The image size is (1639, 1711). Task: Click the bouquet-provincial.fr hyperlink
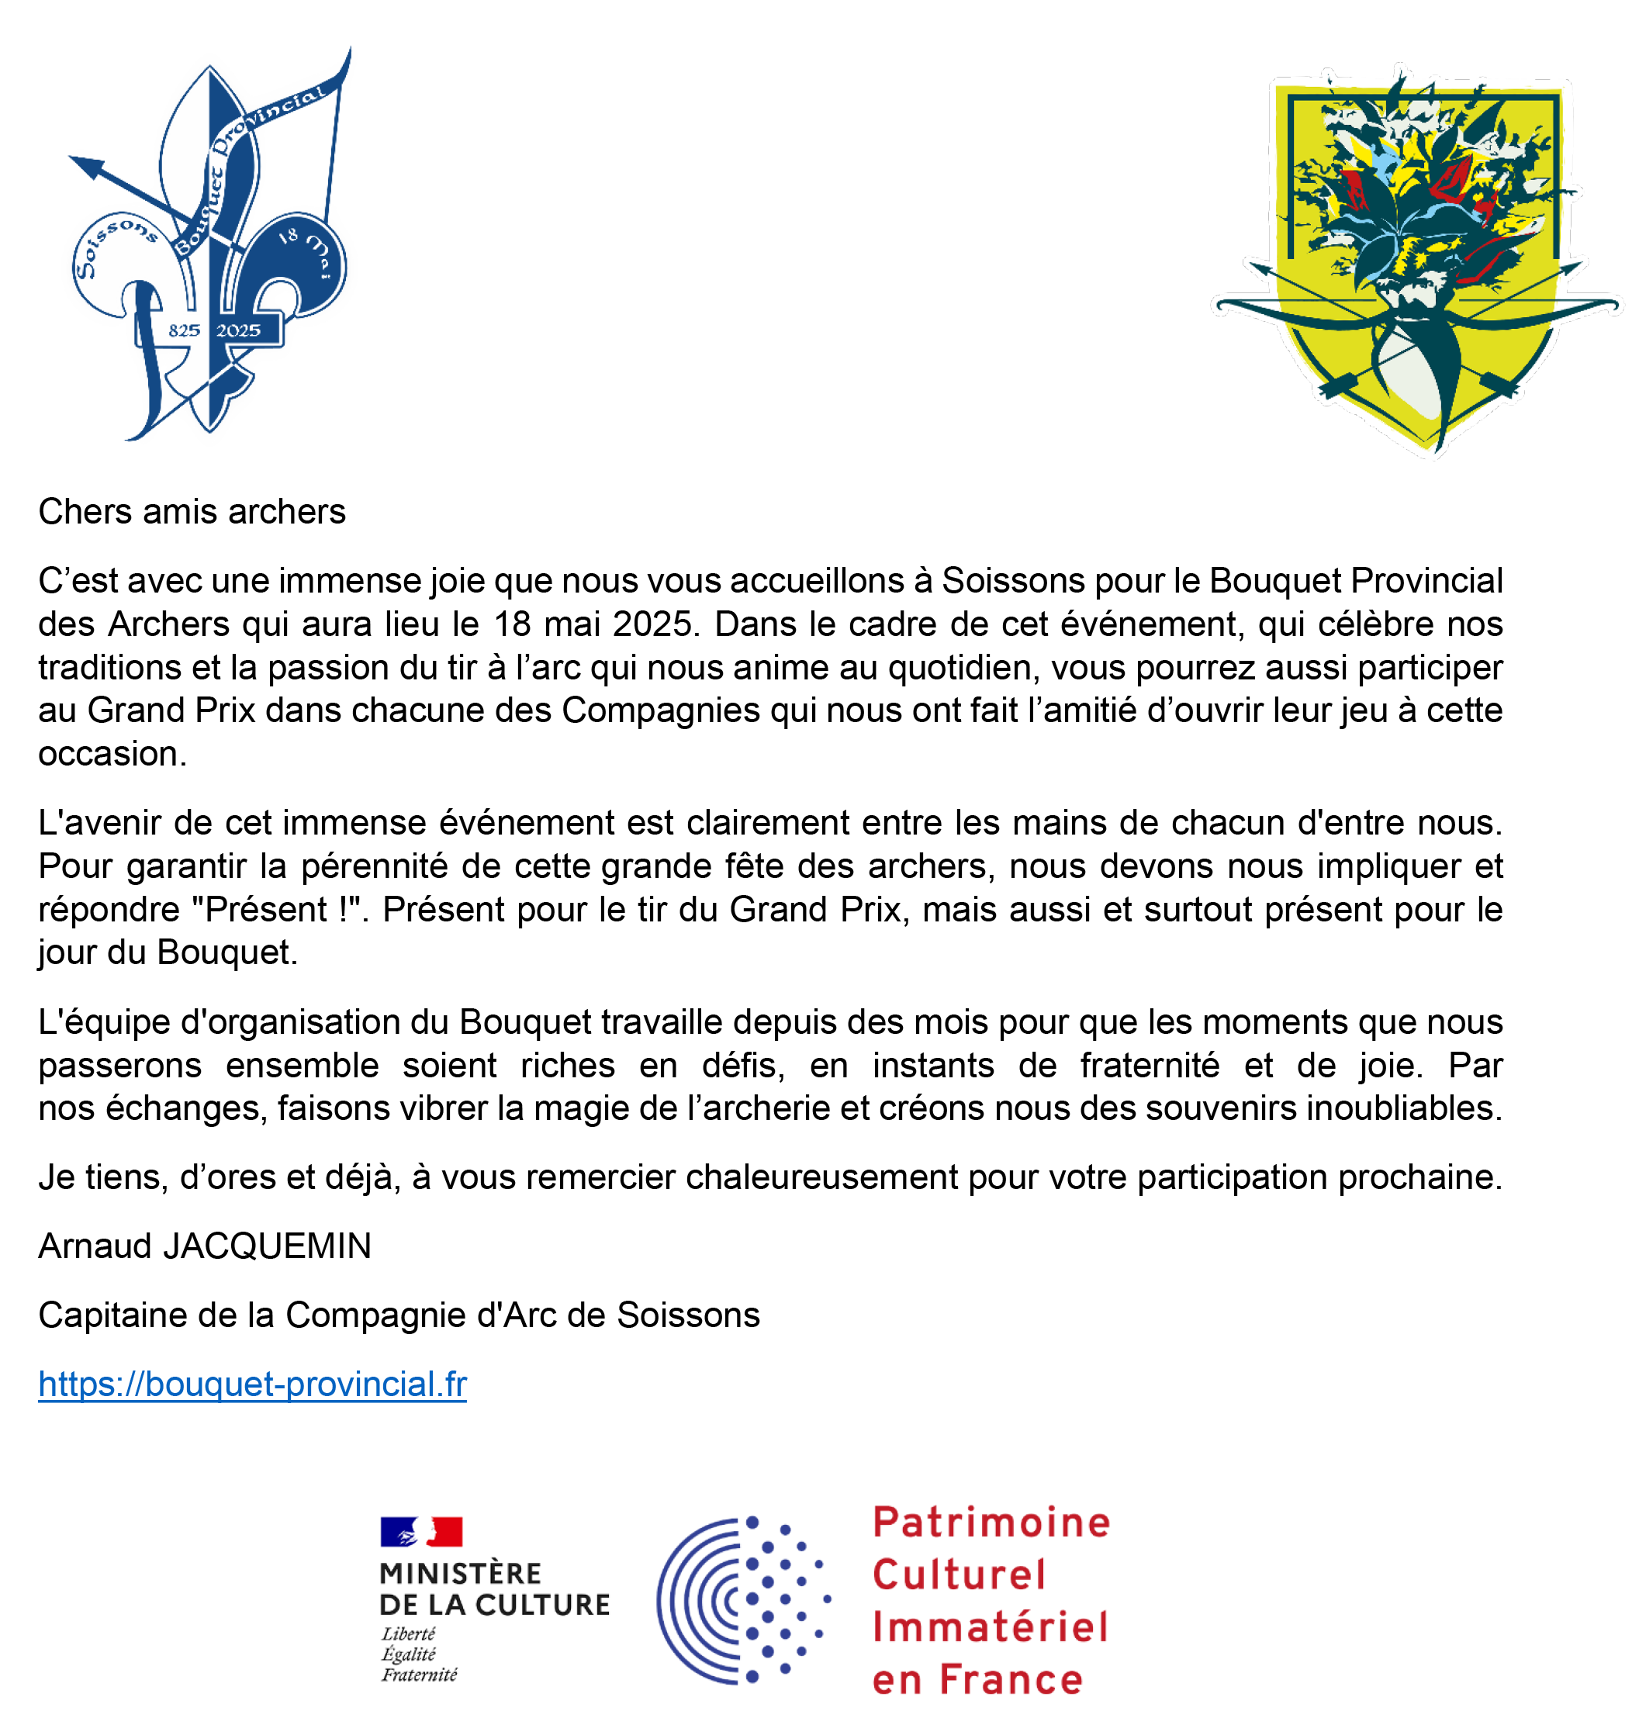coord(252,1384)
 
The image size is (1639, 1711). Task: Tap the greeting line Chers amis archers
coord(192,513)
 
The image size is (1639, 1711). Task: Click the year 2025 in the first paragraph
coord(652,625)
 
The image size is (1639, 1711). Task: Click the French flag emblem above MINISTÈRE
coord(421,1532)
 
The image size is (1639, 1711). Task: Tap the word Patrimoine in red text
coord(991,1523)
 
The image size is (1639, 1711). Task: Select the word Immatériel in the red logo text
coord(989,1628)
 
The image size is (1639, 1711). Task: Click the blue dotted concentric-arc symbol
coord(742,1600)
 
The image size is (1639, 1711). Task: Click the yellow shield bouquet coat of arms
coord(1416,262)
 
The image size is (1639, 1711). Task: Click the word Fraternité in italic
coord(419,1675)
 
